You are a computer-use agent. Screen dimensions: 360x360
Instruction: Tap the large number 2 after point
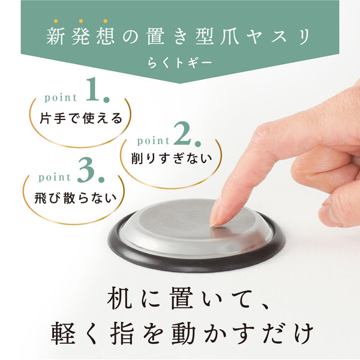click(x=182, y=133)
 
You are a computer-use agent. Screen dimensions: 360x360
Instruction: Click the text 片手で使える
click(x=81, y=118)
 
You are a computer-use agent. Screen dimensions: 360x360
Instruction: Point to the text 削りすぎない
click(x=172, y=158)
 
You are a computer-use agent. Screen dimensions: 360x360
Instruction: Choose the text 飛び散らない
click(x=76, y=198)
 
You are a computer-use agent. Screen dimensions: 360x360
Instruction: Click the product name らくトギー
click(x=179, y=63)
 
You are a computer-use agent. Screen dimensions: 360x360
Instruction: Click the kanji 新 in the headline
click(x=56, y=37)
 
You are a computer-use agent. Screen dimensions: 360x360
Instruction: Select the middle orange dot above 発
click(x=81, y=21)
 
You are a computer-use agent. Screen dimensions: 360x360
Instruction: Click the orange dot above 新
click(x=56, y=21)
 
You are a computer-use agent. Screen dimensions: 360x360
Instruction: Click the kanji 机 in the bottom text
click(x=119, y=298)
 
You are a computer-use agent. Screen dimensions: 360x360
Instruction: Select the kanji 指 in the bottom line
click(x=122, y=333)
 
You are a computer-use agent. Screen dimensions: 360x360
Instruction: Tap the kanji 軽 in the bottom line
click(x=63, y=334)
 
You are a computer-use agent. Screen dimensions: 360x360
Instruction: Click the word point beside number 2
click(x=153, y=141)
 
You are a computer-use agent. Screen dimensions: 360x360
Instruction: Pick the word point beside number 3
click(x=55, y=178)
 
